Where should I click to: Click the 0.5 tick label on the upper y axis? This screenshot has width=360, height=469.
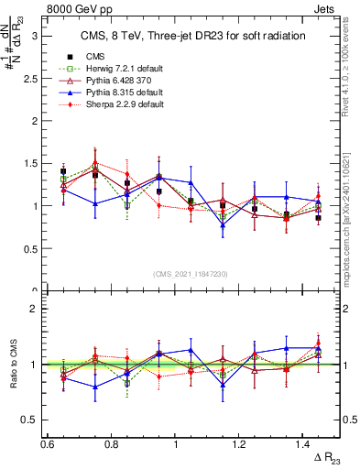click(33, 248)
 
